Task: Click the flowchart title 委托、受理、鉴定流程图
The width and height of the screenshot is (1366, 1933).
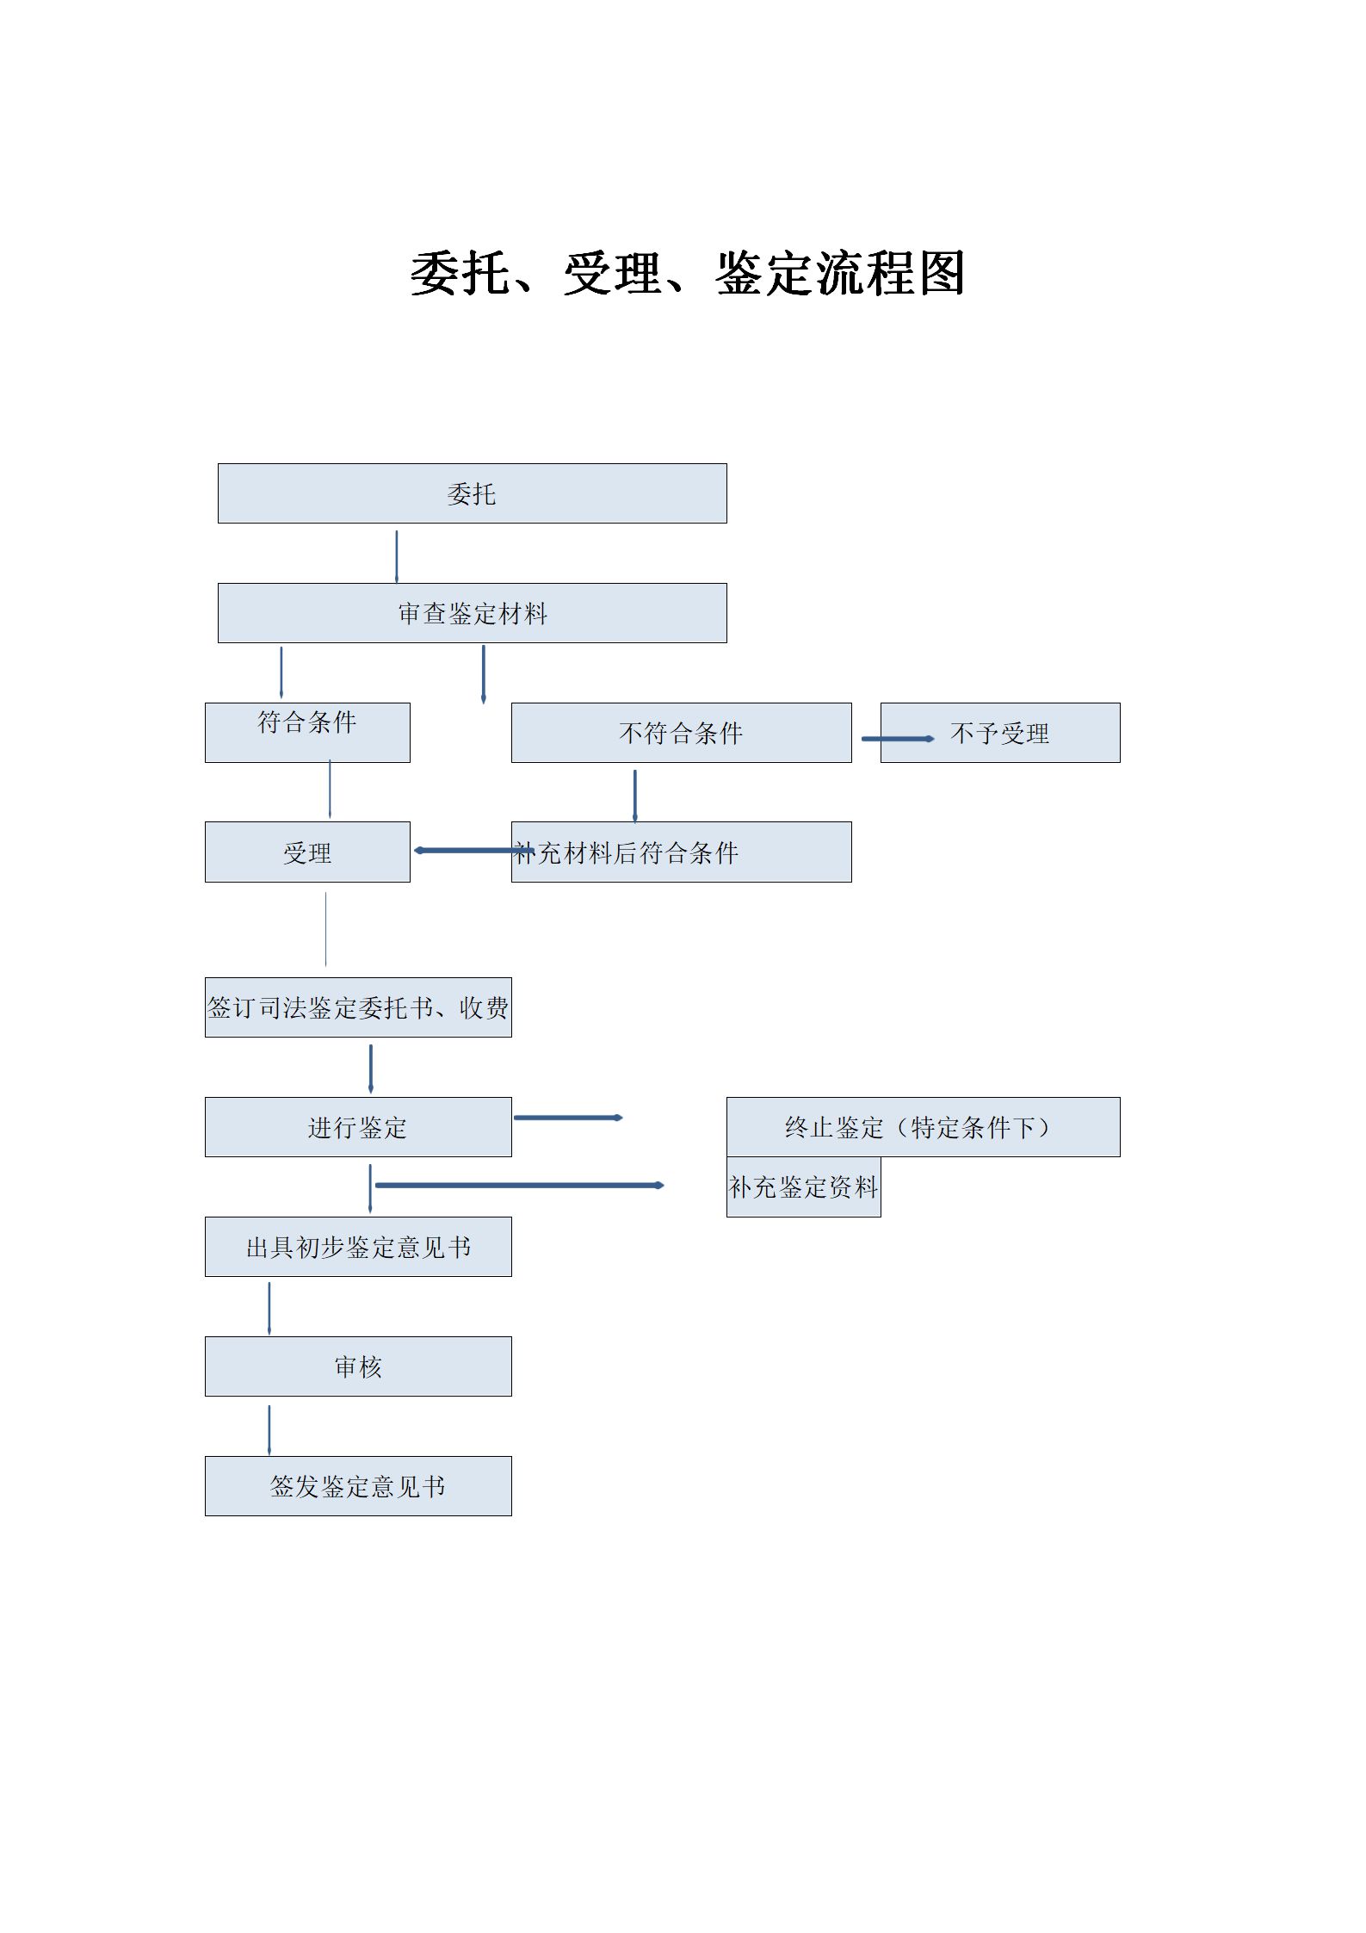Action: pyautogui.click(x=687, y=274)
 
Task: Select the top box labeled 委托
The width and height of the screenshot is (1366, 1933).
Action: pyautogui.click(x=472, y=493)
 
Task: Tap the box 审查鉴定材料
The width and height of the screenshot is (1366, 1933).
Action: pyautogui.click(x=472, y=613)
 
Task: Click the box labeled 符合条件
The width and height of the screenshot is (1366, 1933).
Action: pyautogui.click(x=307, y=733)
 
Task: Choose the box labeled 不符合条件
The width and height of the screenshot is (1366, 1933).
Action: pyautogui.click(x=681, y=733)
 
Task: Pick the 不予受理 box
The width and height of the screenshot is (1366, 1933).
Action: pyautogui.click(x=1000, y=733)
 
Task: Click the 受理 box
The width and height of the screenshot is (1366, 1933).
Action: pyautogui.click(x=307, y=852)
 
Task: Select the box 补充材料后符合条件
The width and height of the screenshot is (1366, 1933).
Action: pyautogui.click(x=681, y=852)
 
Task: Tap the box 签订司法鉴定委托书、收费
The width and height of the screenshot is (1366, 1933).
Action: pyautogui.click(x=358, y=1007)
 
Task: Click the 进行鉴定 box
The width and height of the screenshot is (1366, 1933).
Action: pyautogui.click(x=358, y=1127)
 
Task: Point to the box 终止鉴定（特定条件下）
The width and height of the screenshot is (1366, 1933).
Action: pyautogui.click(x=923, y=1127)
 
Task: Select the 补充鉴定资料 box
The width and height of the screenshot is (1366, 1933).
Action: pyautogui.click(x=803, y=1186)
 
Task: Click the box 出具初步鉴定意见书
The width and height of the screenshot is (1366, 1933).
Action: pyautogui.click(x=358, y=1247)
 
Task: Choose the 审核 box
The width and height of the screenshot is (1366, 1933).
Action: pyautogui.click(x=358, y=1366)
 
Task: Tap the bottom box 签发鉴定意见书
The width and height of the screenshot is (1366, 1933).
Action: pyautogui.click(x=358, y=1486)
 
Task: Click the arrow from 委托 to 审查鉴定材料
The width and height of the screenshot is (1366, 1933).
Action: pyautogui.click(x=397, y=556)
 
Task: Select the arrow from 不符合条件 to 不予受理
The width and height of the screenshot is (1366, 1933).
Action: pyautogui.click(x=898, y=739)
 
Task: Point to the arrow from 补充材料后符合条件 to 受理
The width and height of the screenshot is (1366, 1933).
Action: pyautogui.click(x=474, y=851)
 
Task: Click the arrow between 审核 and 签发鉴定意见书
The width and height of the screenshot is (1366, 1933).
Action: pyautogui.click(x=269, y=1431)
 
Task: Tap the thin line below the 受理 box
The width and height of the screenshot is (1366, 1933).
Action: pyautogui.click(x=326, y=929)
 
